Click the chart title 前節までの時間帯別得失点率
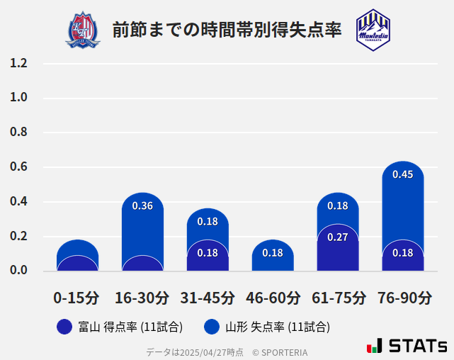pos(227,29)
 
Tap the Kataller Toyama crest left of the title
pos(83,30)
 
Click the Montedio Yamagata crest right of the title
pos(373,30)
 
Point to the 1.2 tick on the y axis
pos(18,64)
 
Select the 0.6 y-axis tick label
pos(18,167)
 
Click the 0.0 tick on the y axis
pos(18,271)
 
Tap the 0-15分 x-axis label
pos(77,298)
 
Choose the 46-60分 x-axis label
pos(273,298)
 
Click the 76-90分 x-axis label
pos(404,298)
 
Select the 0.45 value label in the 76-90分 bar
pos(403,174)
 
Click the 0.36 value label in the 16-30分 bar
pos(142,206)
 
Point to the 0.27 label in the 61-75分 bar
pos(338,237)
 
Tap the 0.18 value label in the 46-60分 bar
pos(273,252)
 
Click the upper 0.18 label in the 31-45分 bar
pos(208,221)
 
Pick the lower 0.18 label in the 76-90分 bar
pos(403,252)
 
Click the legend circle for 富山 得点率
pos(64,327)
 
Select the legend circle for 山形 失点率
pos(211,327)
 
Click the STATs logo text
pos(418,346)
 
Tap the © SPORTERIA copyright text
pos(280,351)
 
